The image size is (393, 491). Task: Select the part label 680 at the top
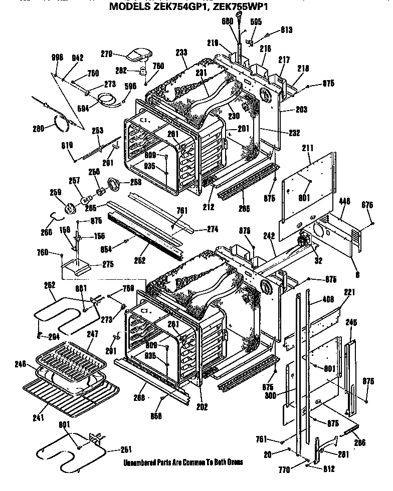tap(227, 21)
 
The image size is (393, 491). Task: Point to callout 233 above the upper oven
tap(182, 52)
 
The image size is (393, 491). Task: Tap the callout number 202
tap(202, 407)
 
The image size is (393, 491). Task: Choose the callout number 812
tap(329, 469)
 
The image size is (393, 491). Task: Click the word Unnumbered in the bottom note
tap(138, 462)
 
